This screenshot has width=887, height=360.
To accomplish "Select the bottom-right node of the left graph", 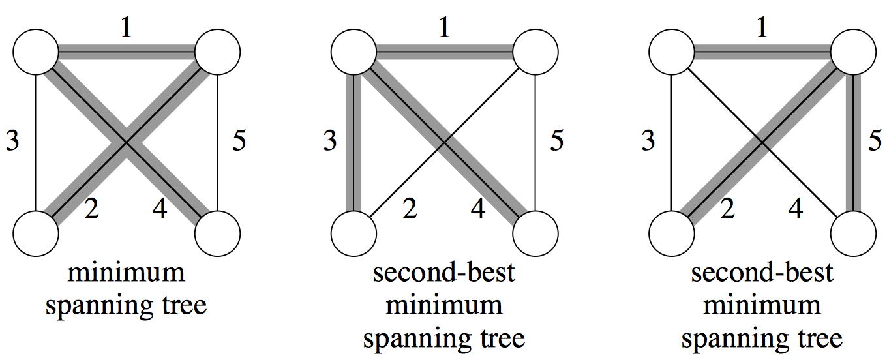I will pyautogui.click(x=218, y=233).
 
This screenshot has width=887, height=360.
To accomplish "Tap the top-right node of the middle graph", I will pyautogui.click(x=536, y=52).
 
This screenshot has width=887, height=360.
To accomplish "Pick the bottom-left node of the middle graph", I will pyautogui.click(x=353, y=233).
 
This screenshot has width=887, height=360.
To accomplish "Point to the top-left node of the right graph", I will pyautogui.click(x=671, y=52).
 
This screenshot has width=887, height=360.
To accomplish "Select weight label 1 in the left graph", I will pyautogui.click(x=127, y=29).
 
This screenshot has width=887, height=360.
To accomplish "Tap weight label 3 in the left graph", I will pyautogui.click(x=12, y=140).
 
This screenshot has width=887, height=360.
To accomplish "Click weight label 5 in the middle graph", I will pyautogui.click(x=557, y=140).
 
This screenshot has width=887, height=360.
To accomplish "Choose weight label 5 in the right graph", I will pyautogui.click(x=875, y=140).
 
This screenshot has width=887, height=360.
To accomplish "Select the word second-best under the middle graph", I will pyautogui.click(x=443, y=273).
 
